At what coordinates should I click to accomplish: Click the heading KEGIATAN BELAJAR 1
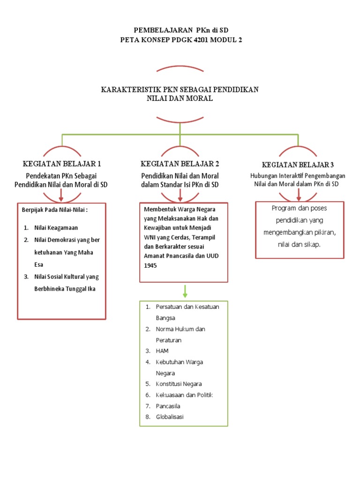[x=62, y=164]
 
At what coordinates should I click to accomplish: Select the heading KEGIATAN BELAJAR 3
[x=298, y=165]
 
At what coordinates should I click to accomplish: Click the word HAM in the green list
[x=162, y=351]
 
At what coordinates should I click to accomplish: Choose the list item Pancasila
[x=168, y=406]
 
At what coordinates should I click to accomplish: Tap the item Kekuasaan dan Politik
[x=184, y=395]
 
